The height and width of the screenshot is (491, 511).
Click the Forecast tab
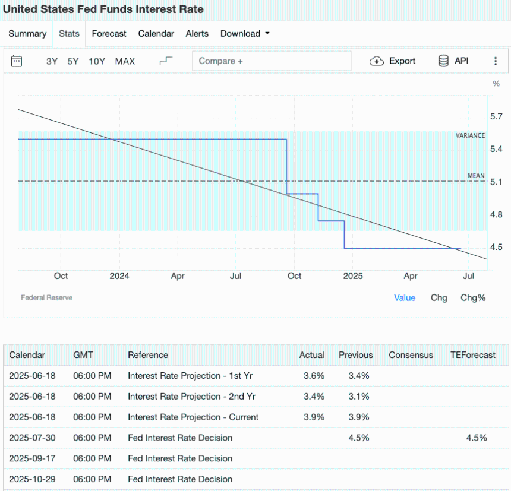109,34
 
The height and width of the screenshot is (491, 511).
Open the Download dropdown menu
245,34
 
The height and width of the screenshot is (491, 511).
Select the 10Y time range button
97,61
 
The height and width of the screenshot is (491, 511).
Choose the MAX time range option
125,61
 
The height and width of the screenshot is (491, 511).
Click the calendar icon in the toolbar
17,61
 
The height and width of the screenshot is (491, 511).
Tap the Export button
393,61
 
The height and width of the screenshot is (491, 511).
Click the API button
453,61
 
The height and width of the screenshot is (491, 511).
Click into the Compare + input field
272,61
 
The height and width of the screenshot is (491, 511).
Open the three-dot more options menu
496,61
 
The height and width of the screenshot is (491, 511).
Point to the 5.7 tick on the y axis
496,116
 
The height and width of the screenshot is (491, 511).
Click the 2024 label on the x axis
119,276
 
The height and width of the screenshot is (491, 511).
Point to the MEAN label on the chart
476,176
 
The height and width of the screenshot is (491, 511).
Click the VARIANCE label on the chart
470,135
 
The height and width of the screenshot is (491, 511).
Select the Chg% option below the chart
473,297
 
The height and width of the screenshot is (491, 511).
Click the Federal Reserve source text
46,297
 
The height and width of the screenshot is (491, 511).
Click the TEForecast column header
473,355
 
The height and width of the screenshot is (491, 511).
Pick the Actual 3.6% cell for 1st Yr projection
314,376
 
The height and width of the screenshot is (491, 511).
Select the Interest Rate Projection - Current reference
193,417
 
